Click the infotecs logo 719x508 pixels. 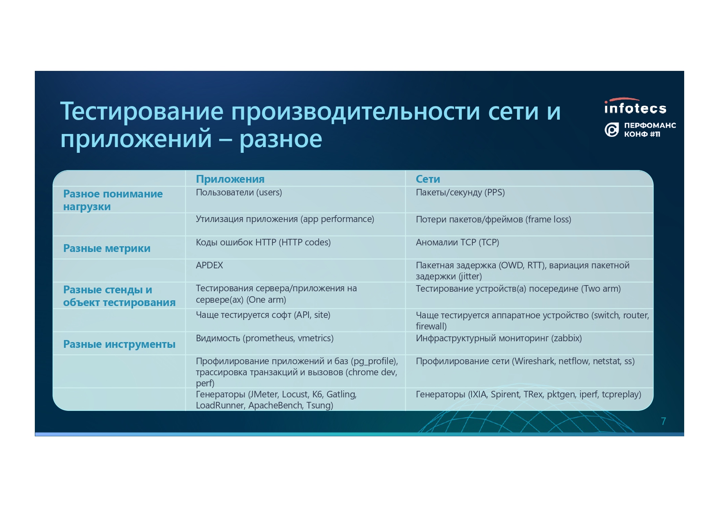click(635, 106)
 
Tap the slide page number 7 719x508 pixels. click(663, 421)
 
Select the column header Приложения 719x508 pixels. click(230, 179)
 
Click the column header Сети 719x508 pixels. click(428, 179)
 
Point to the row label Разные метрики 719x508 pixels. click(107, 248)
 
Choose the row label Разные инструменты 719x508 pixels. click(119, 344)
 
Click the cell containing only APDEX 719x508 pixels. click(209, 265)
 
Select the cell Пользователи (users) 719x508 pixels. click(239, 193)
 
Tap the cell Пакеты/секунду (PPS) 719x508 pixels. click(460, 193)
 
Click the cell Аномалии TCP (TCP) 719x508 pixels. click(457, 243)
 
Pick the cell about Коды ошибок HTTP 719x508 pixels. click(263, 243)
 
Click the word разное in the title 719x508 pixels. click(281, 139)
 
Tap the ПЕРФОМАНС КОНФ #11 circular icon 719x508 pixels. click(612, 130)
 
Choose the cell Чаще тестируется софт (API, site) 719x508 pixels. click(263, 315)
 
